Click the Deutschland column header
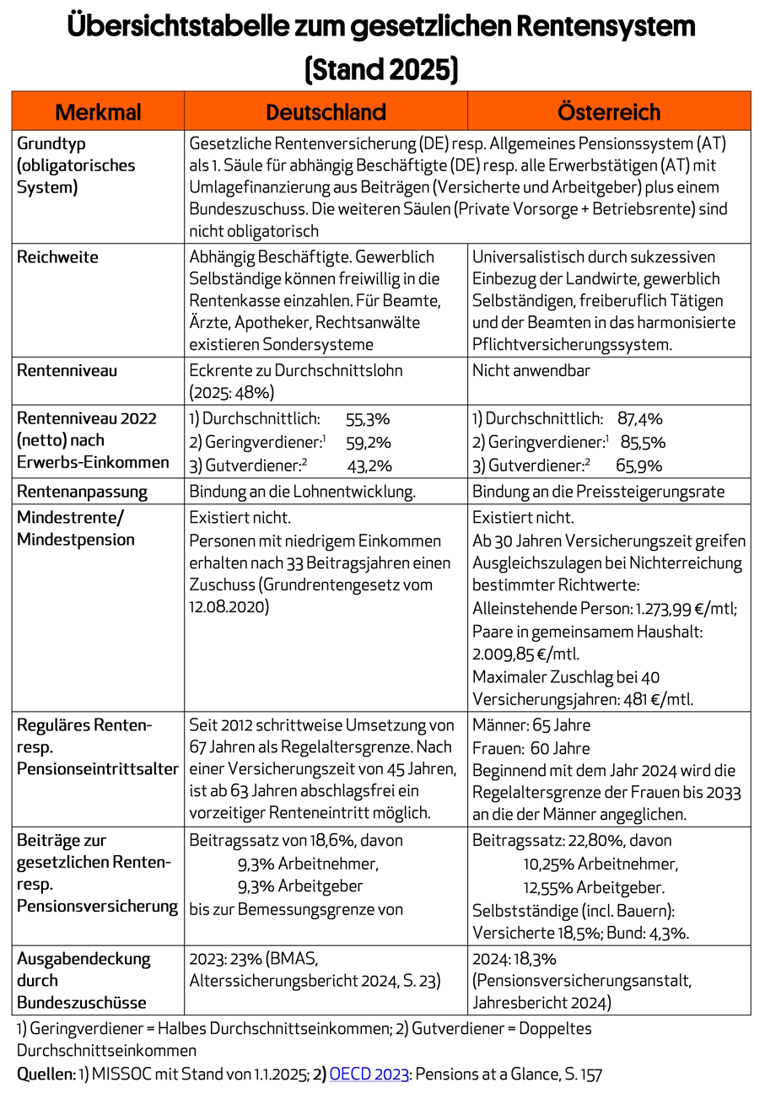[x=326, y=112]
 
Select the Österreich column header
[x=608, y=112]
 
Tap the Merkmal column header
[x=98, y=112]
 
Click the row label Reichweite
[x=57, y=257]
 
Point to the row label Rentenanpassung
[x=82, y=492]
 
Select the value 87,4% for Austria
[x=640, y=419]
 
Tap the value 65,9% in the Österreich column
[x=638, y=466]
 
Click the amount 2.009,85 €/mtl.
[x=525, y=654]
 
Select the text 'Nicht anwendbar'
[x=531, y=370]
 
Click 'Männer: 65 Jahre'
[x=531, y=725]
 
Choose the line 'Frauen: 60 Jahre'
[x=531, y=748]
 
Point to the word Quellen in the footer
[x=46, y=1074]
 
